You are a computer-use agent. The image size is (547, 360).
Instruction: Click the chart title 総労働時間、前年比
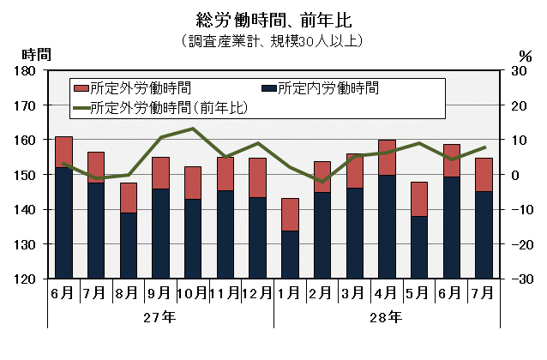click(x=273, y=19)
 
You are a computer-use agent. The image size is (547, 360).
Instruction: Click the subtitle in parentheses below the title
click(x=273, y=40)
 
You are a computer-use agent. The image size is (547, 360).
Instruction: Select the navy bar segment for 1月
click(x=290, y=255)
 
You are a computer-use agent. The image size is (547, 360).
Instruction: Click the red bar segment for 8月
click(x=128, y=198)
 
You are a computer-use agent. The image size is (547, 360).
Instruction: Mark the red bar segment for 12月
click(x=257, y=177)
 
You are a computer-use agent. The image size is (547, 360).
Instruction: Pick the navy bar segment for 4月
click(x=387, y=226)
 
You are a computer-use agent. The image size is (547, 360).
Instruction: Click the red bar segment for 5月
click(x=418, y=199)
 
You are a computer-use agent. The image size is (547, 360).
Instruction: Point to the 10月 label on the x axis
click(x=192, y=293)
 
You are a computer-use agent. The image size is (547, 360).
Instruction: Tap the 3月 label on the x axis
click(x=354, y=293)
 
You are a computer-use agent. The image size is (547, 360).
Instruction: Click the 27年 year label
click(x=159, y=317)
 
